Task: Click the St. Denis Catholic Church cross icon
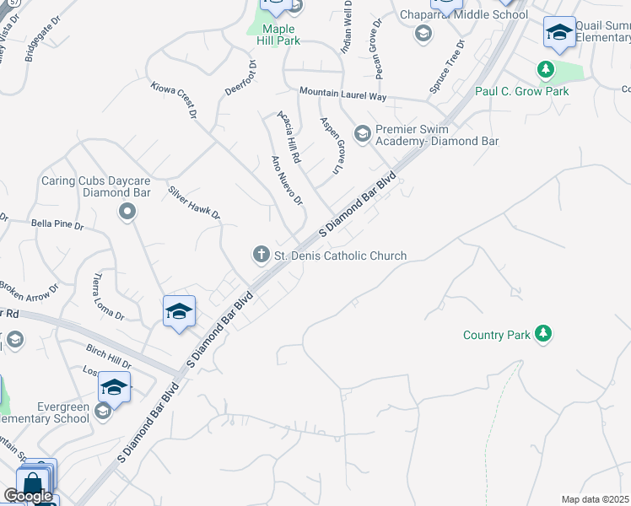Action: (x=262, y=254)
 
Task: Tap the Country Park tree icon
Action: (x=545, y=335)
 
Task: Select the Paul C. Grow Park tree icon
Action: (x=546, y=68)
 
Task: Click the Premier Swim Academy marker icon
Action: (x=363, y=133)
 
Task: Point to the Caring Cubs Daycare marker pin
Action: (x=127, y=212)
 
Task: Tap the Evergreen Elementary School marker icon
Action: (x=103, y=411)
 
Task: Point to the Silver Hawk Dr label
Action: (x=194, y=203)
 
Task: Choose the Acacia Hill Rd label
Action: (x=289, y=135)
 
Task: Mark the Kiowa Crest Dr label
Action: (x=174, y=100)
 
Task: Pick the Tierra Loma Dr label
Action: (x=109, y=297)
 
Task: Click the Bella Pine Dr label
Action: (x=57, y=226)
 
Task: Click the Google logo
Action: (x=28, y=496)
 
